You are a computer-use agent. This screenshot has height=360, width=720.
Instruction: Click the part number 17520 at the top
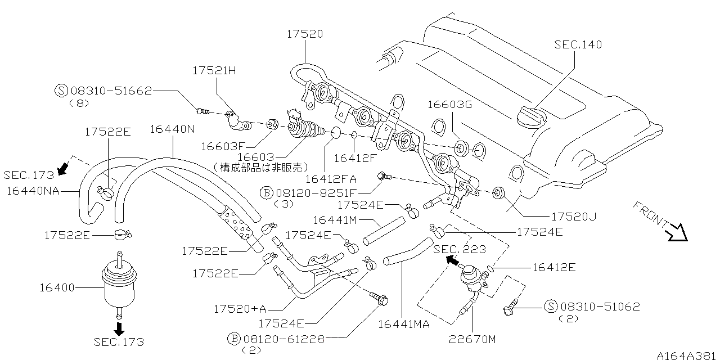click(304, 34)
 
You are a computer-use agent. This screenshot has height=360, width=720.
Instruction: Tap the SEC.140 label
click(578, 44)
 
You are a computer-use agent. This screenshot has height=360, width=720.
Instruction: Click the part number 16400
click(56, 288)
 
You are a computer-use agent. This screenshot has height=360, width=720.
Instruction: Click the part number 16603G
click(449, 104)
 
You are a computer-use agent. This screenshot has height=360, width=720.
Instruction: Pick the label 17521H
click(214, 70)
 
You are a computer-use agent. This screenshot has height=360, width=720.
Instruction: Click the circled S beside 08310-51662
click(61, 90)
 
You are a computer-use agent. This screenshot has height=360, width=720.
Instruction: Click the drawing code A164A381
click(687, 354)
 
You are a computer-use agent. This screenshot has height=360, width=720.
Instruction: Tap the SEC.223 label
click(459, 249)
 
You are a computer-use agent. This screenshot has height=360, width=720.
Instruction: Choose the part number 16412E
click(553, 268)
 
